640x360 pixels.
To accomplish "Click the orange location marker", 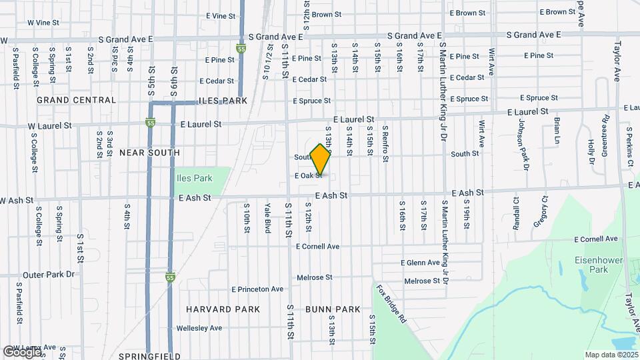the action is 321,159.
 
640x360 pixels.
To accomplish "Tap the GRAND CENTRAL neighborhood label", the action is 76,100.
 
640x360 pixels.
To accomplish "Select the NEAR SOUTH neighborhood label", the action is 149,153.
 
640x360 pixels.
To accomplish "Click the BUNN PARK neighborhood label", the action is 333,309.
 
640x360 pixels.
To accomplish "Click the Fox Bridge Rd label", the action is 391,305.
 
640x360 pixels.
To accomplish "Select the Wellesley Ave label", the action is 199,328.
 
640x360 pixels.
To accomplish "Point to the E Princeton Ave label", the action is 257,289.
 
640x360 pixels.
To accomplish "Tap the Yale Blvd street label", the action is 267,217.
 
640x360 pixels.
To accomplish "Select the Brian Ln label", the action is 557,131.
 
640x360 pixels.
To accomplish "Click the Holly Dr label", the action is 591,152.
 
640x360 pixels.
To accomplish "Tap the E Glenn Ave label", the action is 421,263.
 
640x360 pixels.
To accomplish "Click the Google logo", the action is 22,351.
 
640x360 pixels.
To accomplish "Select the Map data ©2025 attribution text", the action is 611,355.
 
